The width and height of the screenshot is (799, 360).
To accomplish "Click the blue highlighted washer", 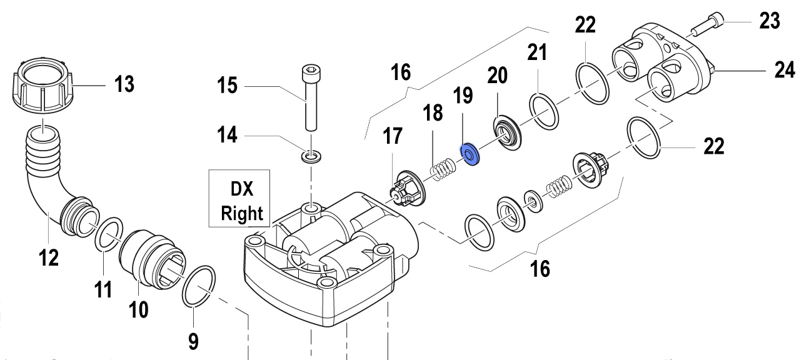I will [x=469, y=155].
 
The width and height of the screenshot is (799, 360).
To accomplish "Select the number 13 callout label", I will [x=124, y=83].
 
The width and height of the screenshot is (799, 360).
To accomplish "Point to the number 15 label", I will [x=228, y=84].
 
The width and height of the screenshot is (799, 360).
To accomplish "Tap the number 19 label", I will [x=463, y=96].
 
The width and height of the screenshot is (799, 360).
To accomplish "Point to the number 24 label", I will [x=783, y=71].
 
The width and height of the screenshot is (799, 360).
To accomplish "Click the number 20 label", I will [x=498, y=76].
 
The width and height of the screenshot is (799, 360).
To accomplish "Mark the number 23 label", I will [x=770, y=21].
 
